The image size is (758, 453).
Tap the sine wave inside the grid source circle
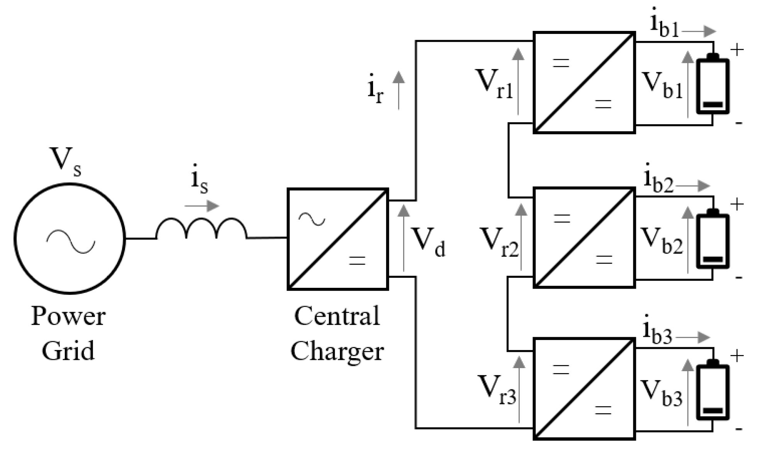click(71, 241)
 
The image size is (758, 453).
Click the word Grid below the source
click(68, 350)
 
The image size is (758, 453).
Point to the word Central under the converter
click(337, 316)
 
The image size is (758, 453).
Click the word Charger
click(337, 351)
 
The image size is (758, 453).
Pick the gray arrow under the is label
click(202, 206)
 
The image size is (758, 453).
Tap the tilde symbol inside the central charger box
click(312, 220)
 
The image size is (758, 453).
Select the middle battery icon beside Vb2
click(712, 240)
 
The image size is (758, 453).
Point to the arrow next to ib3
click(693, 337)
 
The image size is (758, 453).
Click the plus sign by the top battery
click(737, 50)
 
